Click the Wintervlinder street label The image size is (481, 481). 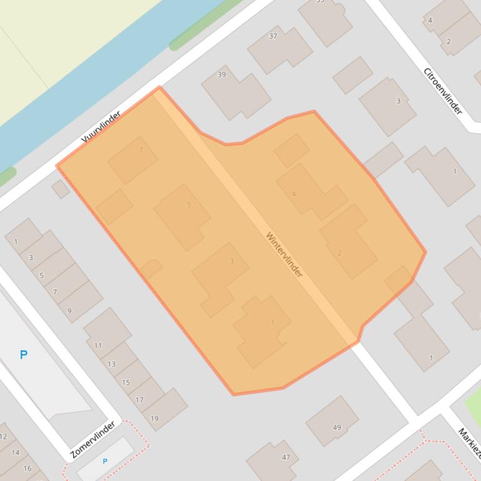pyautogui.click(x=284, y=255)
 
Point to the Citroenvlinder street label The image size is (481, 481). pyautogui.click(x=443, y=91)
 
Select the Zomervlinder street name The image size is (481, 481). pyautogui.click(x=93, y=440)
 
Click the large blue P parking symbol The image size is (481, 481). pyautogui.click(x=23, y=355)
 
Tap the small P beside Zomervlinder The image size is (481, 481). pyautogui.click(x=105, y=462)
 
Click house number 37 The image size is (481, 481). pyautogui.click(x=273, y=36)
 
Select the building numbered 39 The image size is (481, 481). pyautogui.click(x=221, y=74)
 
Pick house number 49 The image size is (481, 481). pyautogui.click(x=337, y=428)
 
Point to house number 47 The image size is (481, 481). pyautogui.click(x=286, y=457)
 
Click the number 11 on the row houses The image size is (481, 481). pyautogui.click(x=98, y=345)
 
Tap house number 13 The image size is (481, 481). pyautogui.click(x=111, y=364)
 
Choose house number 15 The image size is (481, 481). pyautogui.click(x=126, y=382)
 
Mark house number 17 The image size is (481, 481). pyautogui.click(x=139, y=400)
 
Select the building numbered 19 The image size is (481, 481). pyautogui.click(x=154, y=419)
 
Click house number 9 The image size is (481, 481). pyautogui.click(x=69, y=310)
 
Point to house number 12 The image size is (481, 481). pyautogui.click(x=3, y=437)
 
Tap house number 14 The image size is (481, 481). pyautogui.click(x=16, y=453)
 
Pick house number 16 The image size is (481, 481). pyautogui.click(x=27, y=468)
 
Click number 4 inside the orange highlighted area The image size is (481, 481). pyautogui.click(x=294, y=194)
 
